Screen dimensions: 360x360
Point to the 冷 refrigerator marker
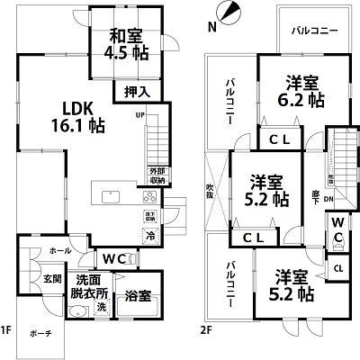click(x=149, y=237)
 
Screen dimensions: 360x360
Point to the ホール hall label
click(x=59, y=251)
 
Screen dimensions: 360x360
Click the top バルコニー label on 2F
click(x=314, y=31)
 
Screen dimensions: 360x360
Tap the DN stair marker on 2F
click(x=329, y=200)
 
